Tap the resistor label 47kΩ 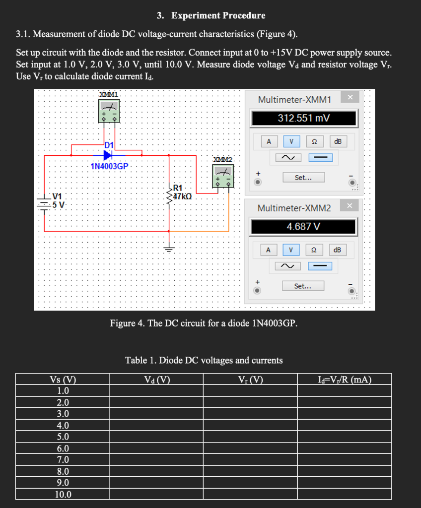[x=183, y=196]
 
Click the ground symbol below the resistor [x=170, y=250]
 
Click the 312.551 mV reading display [x=304, y=118]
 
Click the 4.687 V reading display [x=304, y=227]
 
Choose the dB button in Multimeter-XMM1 [x=338, y=141]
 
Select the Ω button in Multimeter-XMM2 [x=314, y=250]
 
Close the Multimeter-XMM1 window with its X [x=350, y=97]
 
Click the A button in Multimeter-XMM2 [x=269, y=250]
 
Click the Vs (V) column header [x=63, y=381]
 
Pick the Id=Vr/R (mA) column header [x=344, y=381]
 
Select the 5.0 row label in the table [x=63, y=437]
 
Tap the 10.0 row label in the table [x=63, y=494]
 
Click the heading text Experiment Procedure [x=218, y=15]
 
